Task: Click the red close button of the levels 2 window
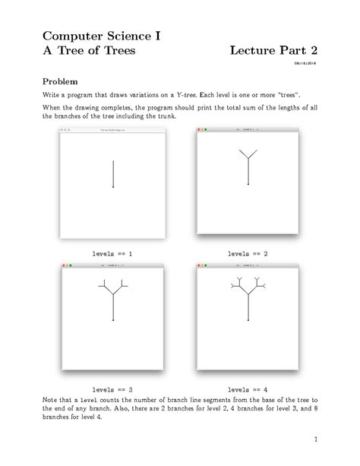[x=199, y=131]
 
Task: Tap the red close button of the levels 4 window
[x=199, y=266]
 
